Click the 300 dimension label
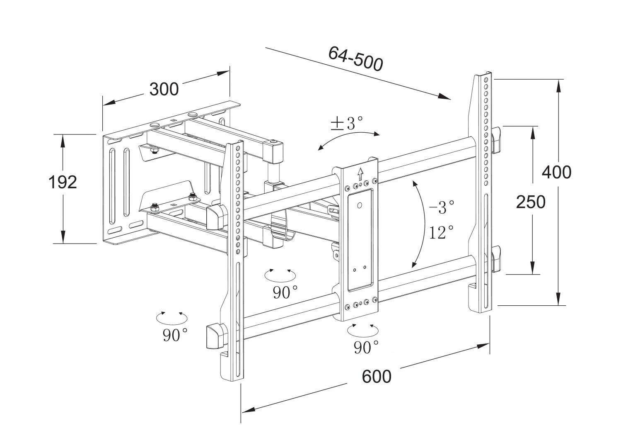(x=164, y=89)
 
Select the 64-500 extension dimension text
(x=355, y=58)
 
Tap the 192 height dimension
(x=62, y=182)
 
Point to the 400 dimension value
(x=556, y=172)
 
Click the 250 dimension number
(x=530, y=202)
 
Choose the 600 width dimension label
(x=376, y=376)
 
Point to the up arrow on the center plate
(x=360, y=172)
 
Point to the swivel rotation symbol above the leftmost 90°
(x=171, y=317)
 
